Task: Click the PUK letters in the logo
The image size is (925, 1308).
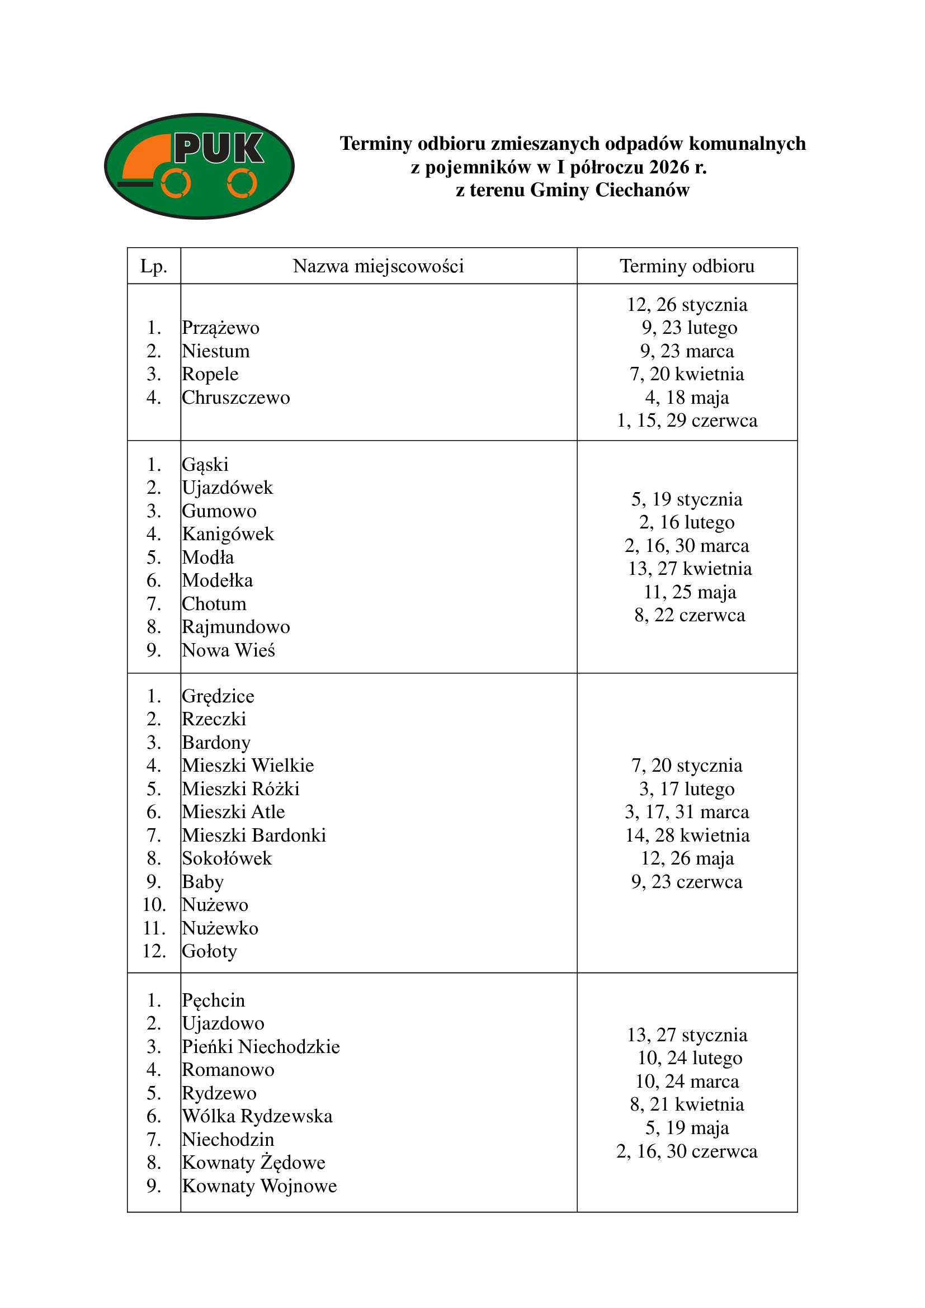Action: click(219, 148)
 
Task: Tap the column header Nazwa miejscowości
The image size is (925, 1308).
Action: click(378, 266)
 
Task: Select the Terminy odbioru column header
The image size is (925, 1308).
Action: click(687, 266)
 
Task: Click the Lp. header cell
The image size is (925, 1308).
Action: click(154, 266)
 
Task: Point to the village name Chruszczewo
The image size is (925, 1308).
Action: click(236, 398)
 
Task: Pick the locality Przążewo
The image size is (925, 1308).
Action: click(220, 328)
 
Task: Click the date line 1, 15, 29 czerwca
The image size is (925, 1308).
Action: click(687, 421)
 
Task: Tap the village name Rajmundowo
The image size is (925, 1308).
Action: click(236, 627)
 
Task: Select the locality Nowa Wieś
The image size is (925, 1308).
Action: click(228, 650)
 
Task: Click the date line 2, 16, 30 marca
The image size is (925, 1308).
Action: click(687, 546)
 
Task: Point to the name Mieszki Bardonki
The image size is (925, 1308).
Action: click(254, 835)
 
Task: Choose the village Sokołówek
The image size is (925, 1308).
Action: click(226, 858)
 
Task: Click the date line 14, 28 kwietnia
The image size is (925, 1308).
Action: click(687, 835)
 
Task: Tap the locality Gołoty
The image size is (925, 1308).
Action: click(210, 951)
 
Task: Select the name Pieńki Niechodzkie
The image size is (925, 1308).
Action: click(261, 1047)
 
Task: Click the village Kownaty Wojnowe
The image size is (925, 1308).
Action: click(259, 1186)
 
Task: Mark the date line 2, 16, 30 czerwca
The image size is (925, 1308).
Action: click(687, 1151)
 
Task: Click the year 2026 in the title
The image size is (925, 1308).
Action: click(669, 167)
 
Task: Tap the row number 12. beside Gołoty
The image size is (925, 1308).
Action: click(154, 951)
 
